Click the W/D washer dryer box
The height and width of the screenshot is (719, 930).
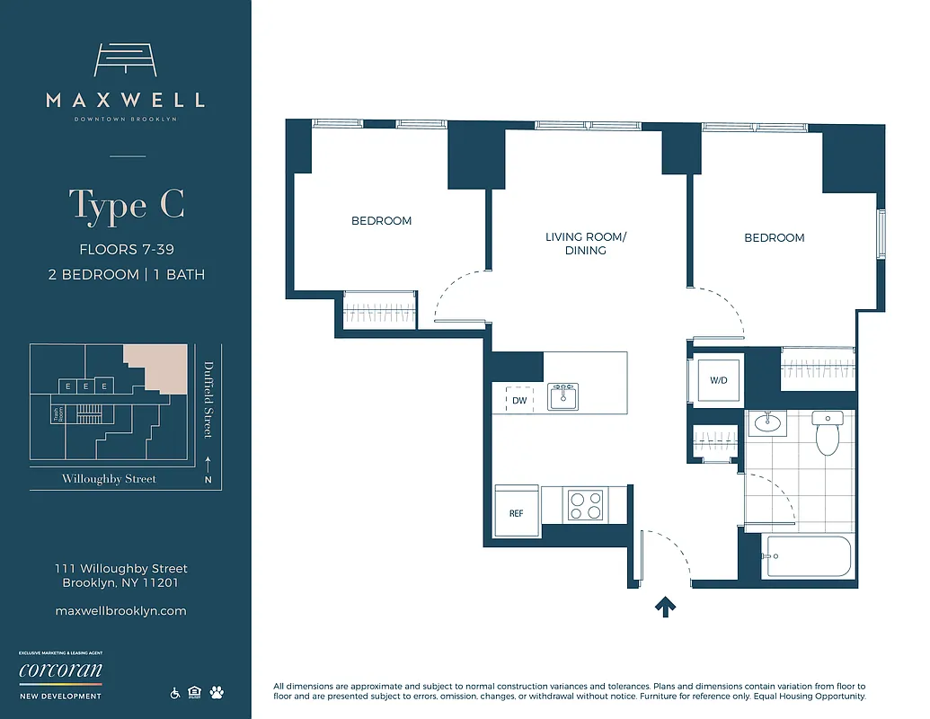point(718,380)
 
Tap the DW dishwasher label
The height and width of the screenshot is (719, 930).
point(519,401)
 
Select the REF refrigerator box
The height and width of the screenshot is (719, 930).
point(517,514)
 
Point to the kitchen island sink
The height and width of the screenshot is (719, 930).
point(564,396)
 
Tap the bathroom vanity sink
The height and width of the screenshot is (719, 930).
point(768,422)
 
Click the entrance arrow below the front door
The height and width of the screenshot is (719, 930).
point(665,608)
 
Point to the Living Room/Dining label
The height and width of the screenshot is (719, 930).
point(586,244)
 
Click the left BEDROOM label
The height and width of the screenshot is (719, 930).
point(381,221)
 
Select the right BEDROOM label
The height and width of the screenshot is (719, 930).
point(774,238)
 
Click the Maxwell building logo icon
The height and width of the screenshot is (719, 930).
point(125,60)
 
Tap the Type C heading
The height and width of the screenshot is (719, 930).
point(127,206)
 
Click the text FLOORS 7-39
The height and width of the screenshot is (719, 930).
point(127,250)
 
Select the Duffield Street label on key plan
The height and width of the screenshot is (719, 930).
point(208,399)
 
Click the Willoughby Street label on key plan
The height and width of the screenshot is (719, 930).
point(109,479)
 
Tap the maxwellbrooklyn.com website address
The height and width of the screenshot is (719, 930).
point(120,611)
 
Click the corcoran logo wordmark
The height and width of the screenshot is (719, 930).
point(60,671)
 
